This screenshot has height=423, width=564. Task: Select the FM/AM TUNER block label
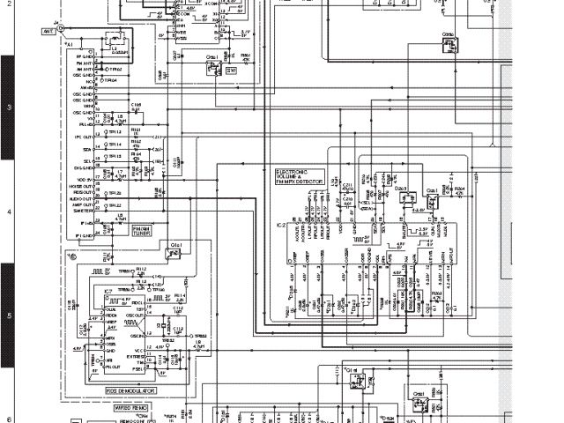(x=117, y=231)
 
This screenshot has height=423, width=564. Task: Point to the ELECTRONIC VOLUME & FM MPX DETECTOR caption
(x=299, y=177)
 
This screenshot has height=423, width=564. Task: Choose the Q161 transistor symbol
(x=212, y=64)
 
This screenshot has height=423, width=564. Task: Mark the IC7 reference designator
(x=108, y=291)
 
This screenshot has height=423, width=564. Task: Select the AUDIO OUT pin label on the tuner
(x=82, y=200)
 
